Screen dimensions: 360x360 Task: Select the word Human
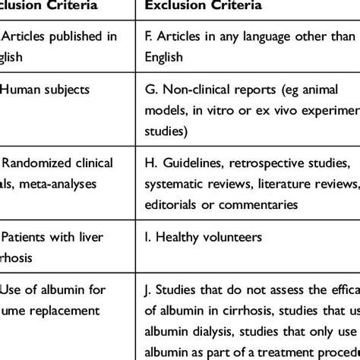click(x=21, y=89)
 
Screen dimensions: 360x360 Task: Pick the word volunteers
click(x=233, y=238)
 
